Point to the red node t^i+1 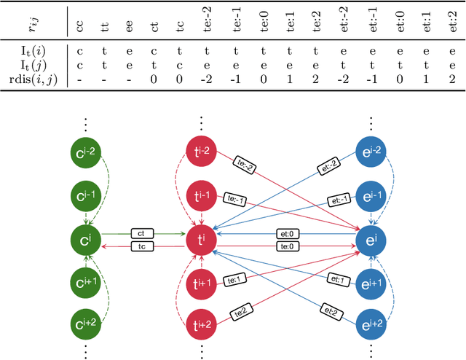199,283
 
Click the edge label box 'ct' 141,234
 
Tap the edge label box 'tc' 141,247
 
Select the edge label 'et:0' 285,234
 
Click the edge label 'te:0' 285,247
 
